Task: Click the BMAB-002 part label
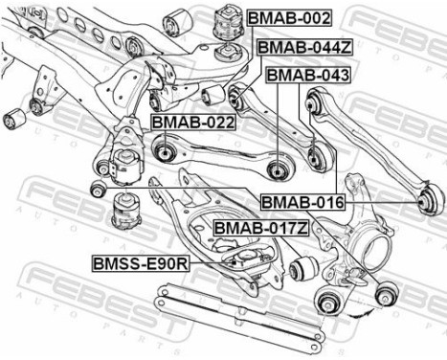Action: click(x=289, y=18)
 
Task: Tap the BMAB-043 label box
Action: click(x=307, y=75)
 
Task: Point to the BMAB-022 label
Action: click(x=192, y=122)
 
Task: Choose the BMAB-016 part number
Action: click(x=302, y=202)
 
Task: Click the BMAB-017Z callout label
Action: click(x=260, y=228)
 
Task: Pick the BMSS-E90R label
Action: click(x=141, y=261)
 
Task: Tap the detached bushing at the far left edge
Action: click(x=14, y=120)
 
